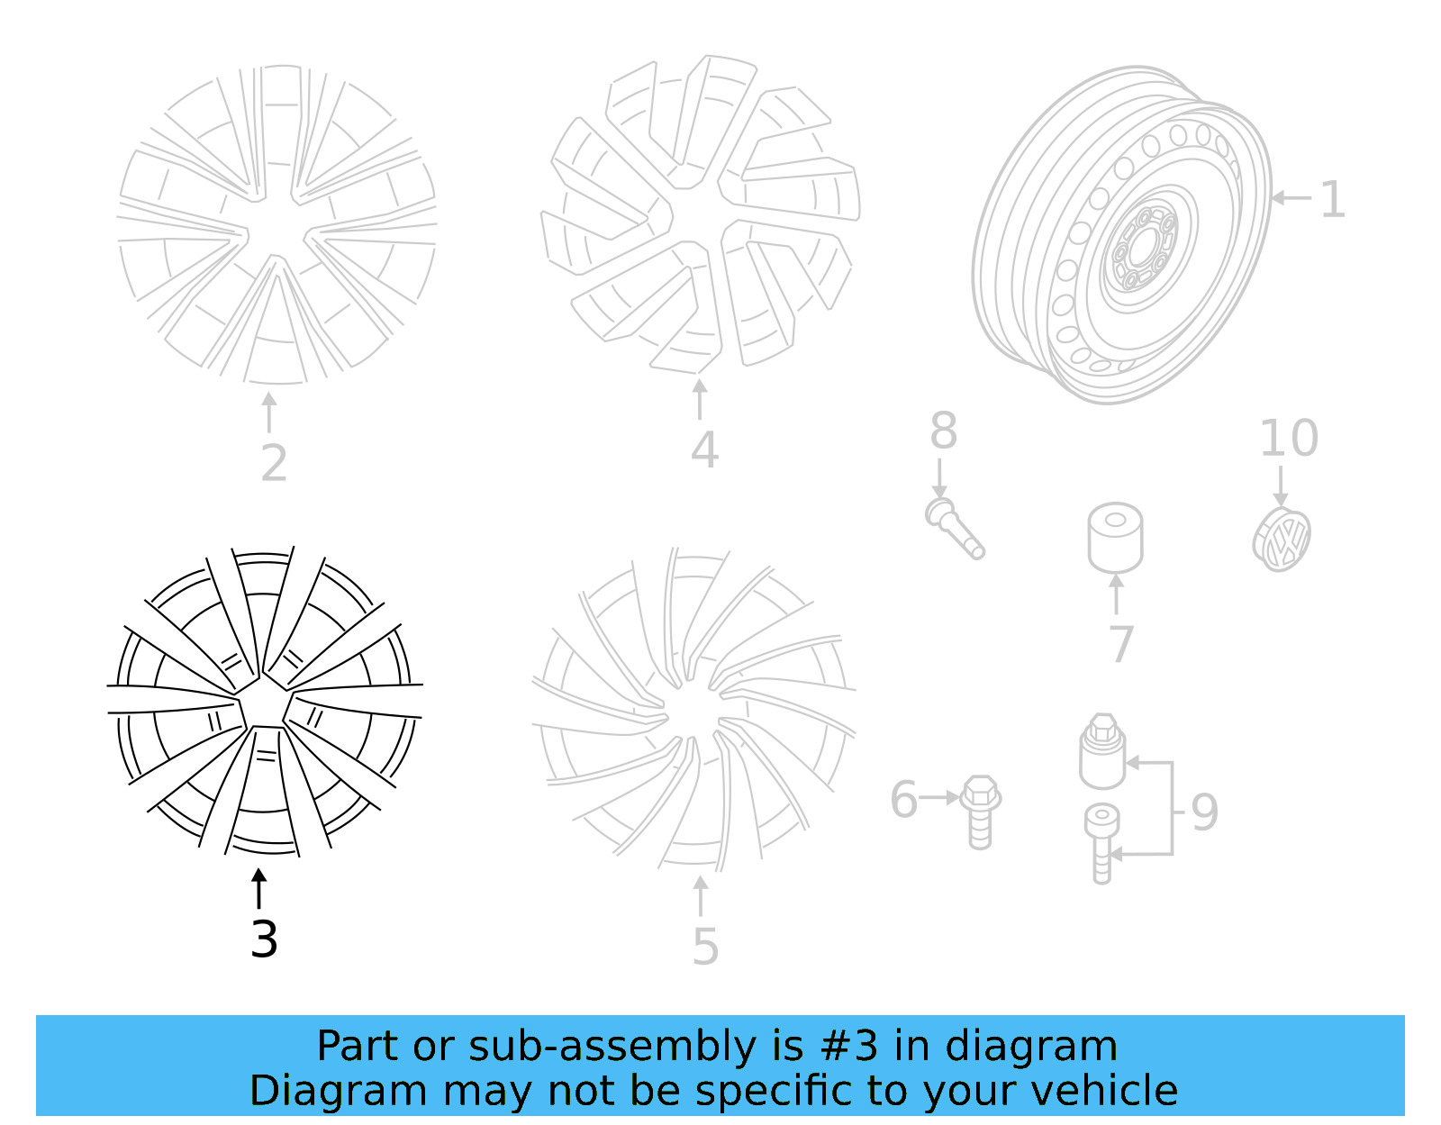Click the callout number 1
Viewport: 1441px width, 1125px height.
coord(1332,199)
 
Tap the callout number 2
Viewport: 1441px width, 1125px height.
coord(274,463)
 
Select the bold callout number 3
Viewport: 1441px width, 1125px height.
coord(264,939)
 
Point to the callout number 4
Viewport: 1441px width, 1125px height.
coord(704,450)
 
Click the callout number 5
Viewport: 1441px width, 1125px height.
coord(705,947)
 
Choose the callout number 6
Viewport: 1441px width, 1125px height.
coord(903,800)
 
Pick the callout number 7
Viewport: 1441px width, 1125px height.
coord(1120,644)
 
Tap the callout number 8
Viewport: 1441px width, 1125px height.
coord(943,431)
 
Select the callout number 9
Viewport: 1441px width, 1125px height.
coord(1204,812)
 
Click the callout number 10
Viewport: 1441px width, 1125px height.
coord(1288,439)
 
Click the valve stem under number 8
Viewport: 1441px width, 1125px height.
coord(954,528)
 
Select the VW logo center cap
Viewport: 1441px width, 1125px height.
coord(1282,540)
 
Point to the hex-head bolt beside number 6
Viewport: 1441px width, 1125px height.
coord(979,811)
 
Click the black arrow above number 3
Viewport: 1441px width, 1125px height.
coord(259,888)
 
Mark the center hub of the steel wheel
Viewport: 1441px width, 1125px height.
coord(1141,246)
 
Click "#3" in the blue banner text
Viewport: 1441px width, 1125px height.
coord(849,1047)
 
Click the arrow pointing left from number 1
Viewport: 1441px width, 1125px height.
coord(1291,197)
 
